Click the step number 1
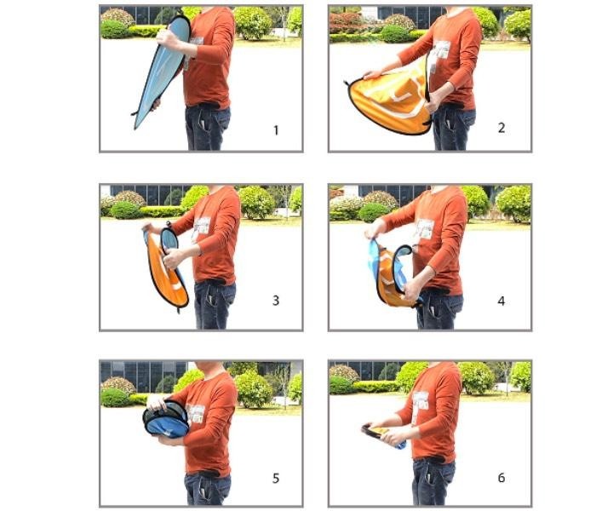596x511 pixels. [x=277, y=130]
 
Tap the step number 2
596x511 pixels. [x=501, y=128]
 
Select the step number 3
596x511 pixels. [x=276, y=301]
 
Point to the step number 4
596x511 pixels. [x=501, y=301]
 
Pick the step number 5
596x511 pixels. [x=276, y=478]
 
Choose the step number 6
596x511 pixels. [x=501, y=478]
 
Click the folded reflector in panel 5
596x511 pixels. [x=166, y=419]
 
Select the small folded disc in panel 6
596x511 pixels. [x=381, y=435]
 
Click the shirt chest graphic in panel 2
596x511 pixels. [x=440, y=50]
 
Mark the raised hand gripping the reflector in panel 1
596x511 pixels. [x=166, y=37]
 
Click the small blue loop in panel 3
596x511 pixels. [x=169, y=242]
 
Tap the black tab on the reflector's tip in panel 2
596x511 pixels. [x=347, y=83]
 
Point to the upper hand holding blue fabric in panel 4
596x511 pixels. [x=374, y=231]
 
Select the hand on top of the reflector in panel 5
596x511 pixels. [x=158, y=403]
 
